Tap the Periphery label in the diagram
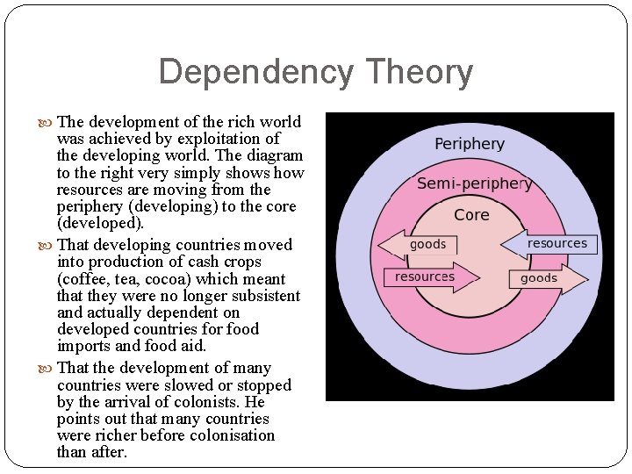tap(470, 143)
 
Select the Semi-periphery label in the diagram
tap(474, 183)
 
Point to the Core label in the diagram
tap(471, 215)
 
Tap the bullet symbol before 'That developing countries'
tap(47, 245)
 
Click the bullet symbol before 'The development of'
tap(47, 122)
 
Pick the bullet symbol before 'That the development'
tap(47, 369)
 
